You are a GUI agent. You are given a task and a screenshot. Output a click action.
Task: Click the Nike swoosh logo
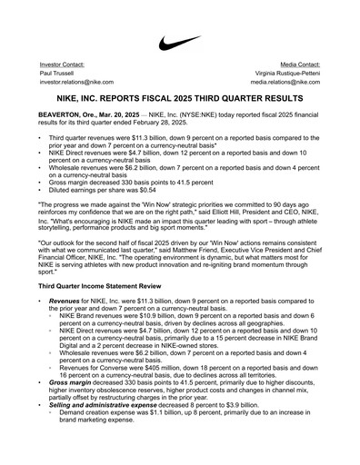180,43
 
